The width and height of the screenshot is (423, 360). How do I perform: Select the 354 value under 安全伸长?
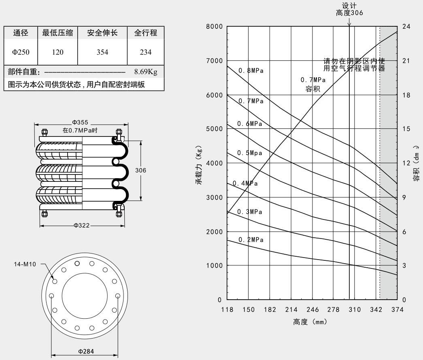click(102, 52)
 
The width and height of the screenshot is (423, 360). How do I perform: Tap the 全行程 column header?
click(145, 33)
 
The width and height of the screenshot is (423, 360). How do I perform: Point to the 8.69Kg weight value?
click(146, 72)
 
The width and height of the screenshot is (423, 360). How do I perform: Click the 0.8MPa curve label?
click(251, 70)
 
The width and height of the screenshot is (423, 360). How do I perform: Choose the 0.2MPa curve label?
click(251, 240)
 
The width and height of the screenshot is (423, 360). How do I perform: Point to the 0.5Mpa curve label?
click(250, 153)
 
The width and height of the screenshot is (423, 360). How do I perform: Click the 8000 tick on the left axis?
click(214, 27)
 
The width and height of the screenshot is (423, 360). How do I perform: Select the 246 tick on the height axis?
click(312, 310)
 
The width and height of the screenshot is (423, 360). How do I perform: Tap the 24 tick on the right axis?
click(406, 27)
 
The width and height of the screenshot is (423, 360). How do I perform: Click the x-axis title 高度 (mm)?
click(310, 322)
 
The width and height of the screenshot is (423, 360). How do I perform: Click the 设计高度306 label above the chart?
click(349, 9)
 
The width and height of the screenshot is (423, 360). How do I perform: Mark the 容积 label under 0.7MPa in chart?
click(312, 89)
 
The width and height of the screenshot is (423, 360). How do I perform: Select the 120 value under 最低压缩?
click(58, 52)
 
